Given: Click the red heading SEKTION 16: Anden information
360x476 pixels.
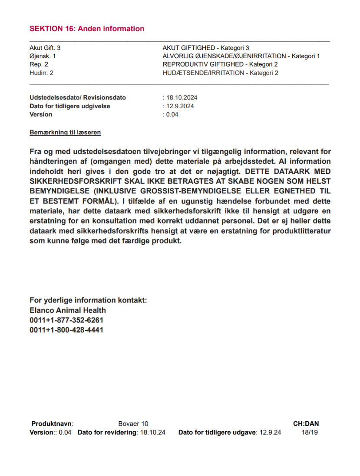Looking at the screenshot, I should point(87,29).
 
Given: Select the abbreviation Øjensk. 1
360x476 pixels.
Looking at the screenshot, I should point(43,56).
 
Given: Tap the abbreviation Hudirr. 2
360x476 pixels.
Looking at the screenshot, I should point(42,73).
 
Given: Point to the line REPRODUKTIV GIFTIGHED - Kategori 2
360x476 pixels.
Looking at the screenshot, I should point(220,64).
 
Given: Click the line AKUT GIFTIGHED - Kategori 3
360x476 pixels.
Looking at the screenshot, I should point(205,48).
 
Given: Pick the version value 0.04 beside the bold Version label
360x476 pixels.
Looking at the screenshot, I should point(172,114).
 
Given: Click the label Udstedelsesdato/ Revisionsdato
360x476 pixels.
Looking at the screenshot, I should point(77,98).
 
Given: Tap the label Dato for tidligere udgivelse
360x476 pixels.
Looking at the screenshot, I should point(69,106).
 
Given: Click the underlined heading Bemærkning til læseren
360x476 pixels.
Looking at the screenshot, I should point(65,132).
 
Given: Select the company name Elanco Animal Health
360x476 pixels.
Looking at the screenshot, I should point(68,310).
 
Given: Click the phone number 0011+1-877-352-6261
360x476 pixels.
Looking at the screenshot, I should point(66,320).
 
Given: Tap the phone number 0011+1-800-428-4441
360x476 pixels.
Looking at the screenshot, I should point(66,330).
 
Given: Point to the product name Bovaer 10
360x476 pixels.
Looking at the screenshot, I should point(133,423).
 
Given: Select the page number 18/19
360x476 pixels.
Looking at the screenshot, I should point(310,433).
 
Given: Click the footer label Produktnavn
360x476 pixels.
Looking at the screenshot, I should point(52,423).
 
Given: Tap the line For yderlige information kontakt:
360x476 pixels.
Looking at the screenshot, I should point(88,300).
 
